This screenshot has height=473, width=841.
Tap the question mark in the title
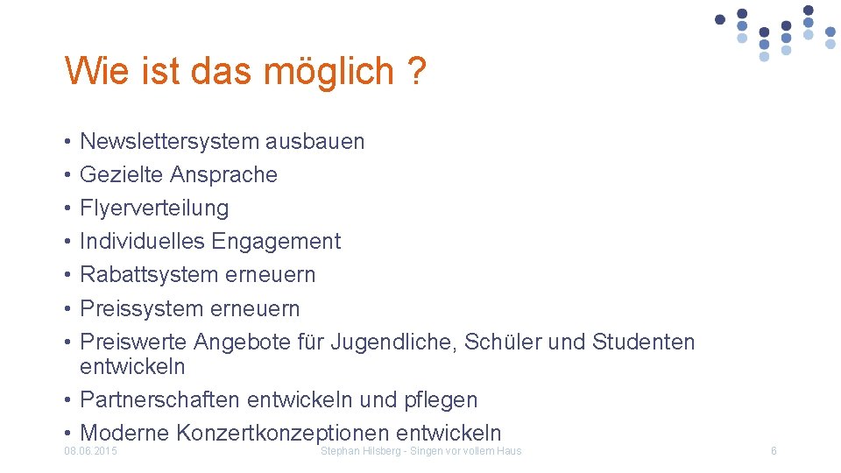(417, 71)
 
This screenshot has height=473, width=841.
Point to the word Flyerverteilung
(154, 208)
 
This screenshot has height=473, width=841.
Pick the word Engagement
(276, 241)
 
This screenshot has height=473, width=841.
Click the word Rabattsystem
(149, 274)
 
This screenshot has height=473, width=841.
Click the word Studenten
(643, 342)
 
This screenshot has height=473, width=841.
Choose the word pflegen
(441, 400)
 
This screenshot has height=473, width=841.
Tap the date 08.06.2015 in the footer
(91, 451)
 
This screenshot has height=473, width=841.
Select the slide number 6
(774, 451)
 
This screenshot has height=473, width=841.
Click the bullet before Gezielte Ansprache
(67, 175)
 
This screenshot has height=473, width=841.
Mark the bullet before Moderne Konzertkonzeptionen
(67, 434)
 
